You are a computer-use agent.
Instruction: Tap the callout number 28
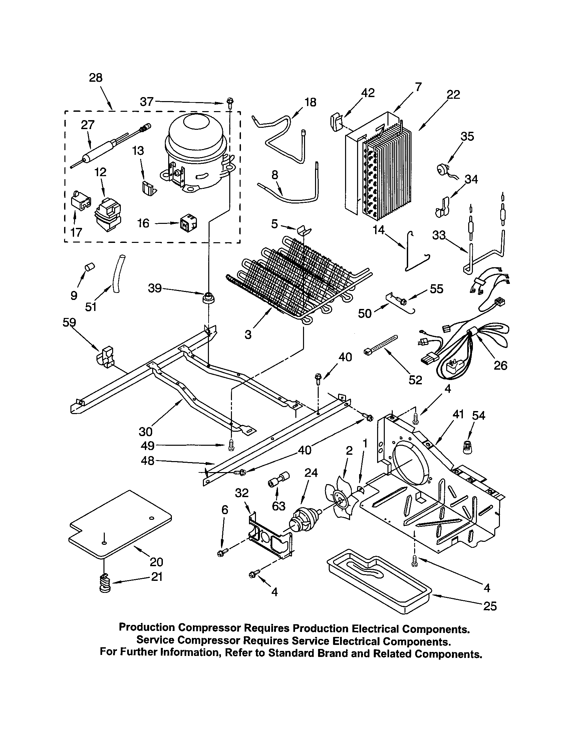click(95, 78)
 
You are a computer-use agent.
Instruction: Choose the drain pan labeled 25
click(378, 582)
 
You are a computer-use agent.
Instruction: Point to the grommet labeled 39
click(208, 297)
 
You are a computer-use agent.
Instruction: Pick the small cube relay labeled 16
click(188, 223)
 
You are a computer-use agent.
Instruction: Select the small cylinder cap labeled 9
click(89, 267)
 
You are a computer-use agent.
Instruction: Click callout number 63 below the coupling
click(279, 506)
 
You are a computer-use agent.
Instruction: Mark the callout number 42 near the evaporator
click(368, 93)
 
